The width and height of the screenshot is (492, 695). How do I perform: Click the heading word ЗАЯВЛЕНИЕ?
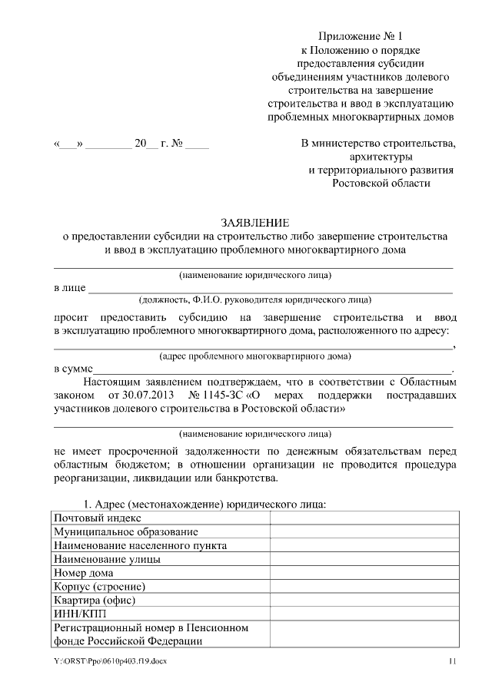(253, 223)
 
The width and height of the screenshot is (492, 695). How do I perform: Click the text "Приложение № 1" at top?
(361, 36)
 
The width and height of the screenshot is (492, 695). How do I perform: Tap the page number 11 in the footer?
(453, 662)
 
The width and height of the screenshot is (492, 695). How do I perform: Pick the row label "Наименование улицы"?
(107, 559)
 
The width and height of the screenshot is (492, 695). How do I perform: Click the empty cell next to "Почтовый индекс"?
(361, 518)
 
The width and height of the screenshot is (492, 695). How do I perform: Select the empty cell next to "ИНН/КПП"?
(361, 614)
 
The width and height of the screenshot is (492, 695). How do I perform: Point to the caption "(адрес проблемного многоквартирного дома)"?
(254, 356)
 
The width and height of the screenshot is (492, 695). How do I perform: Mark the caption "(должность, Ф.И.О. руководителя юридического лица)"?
(254, 300)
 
